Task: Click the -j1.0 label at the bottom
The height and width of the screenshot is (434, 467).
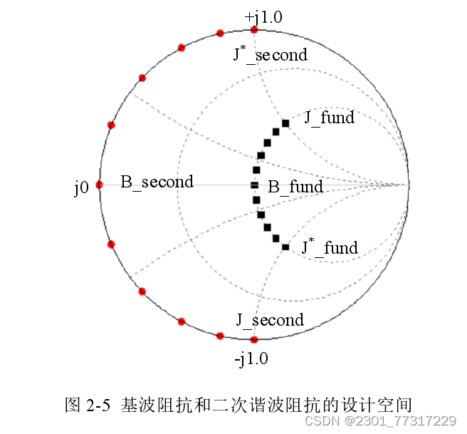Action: (251, 358)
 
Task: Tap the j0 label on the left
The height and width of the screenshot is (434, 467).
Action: (81, 187)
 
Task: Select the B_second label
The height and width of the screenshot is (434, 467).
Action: (157, 182)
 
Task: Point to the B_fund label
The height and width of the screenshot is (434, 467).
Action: (295, 187)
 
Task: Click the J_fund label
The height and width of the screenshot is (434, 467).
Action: (329, 118)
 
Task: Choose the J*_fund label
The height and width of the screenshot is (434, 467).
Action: (329, 247)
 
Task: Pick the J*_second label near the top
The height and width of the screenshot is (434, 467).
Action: (270, 54)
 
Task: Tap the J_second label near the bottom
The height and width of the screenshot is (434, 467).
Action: (270, 320)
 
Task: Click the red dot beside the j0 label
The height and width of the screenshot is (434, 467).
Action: (99, 185)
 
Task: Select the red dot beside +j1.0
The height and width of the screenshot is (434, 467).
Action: (254, 29)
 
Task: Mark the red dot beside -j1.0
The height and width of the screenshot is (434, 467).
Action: (254, 341)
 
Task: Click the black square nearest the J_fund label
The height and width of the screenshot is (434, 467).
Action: (285, 123)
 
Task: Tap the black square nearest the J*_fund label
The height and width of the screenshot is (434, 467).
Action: (285, 247)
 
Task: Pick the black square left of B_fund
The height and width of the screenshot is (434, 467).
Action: (254, 185)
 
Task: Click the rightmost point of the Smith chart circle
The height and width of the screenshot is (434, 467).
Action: (409, 185)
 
